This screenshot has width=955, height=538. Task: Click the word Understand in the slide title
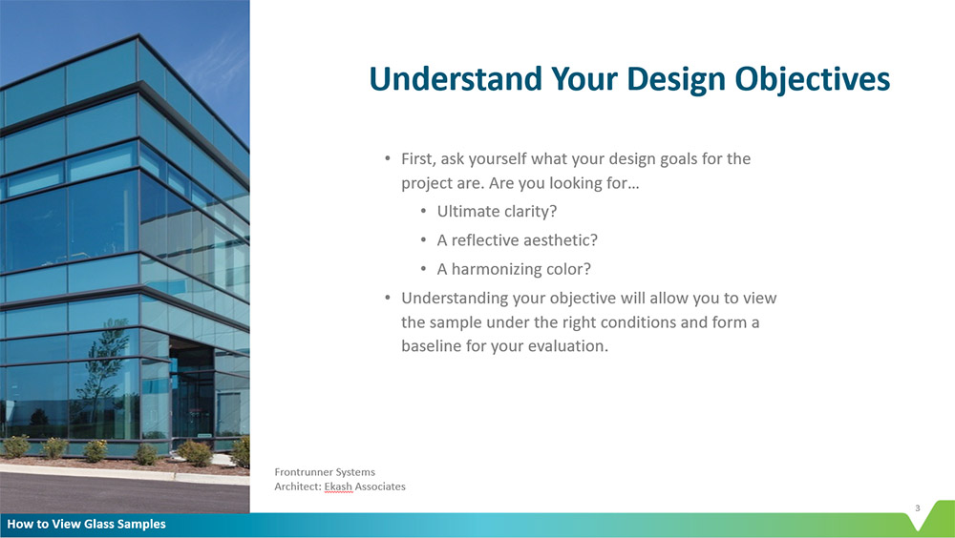point(456,79)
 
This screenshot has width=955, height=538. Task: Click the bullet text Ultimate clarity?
point(497,211)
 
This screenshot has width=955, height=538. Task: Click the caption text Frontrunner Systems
point(325,471)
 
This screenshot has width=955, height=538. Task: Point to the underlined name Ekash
point(338,486)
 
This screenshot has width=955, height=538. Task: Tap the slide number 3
point(917,508)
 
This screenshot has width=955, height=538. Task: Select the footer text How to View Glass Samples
point(87,524)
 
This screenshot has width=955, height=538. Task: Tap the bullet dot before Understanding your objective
point(388,299)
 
